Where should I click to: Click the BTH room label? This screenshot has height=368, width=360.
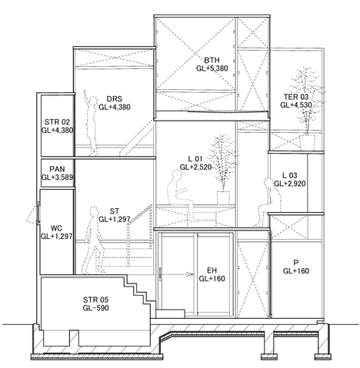[x=212, y=60]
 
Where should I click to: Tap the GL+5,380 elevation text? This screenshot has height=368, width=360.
[x=212, y=68]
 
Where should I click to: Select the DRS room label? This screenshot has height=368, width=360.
[x=115, y=99]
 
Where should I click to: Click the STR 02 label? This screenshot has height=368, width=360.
[x=57, y=122]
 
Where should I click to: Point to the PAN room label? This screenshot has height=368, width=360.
[x=57, y=169]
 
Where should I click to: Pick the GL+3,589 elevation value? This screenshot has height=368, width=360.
[x=57, y=177]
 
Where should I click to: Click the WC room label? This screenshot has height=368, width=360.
[x=56, y=228]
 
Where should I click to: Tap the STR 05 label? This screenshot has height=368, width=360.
[x=95, y=300]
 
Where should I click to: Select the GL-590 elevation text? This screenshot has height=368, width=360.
[x=95, y=308]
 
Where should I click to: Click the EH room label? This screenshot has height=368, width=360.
[x=212, y=270]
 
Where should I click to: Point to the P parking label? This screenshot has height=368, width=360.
[x=296, y=263]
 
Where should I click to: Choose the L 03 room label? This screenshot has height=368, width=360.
[x=290, y=175]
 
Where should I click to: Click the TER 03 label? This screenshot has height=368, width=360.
[x=296, y=97]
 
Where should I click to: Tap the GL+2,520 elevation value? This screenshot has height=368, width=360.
[x=195, y=167]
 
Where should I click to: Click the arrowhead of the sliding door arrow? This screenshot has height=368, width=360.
[x=190, y=274]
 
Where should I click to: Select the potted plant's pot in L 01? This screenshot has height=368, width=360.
[x=223, y=197]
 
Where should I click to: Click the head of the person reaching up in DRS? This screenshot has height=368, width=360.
[x=94, y=101]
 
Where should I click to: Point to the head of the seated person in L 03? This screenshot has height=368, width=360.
[x=268, y=183]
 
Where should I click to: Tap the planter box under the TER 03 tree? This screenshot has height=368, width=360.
[x=308, y=142]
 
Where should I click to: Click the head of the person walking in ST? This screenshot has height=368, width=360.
[x=94, y=212]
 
